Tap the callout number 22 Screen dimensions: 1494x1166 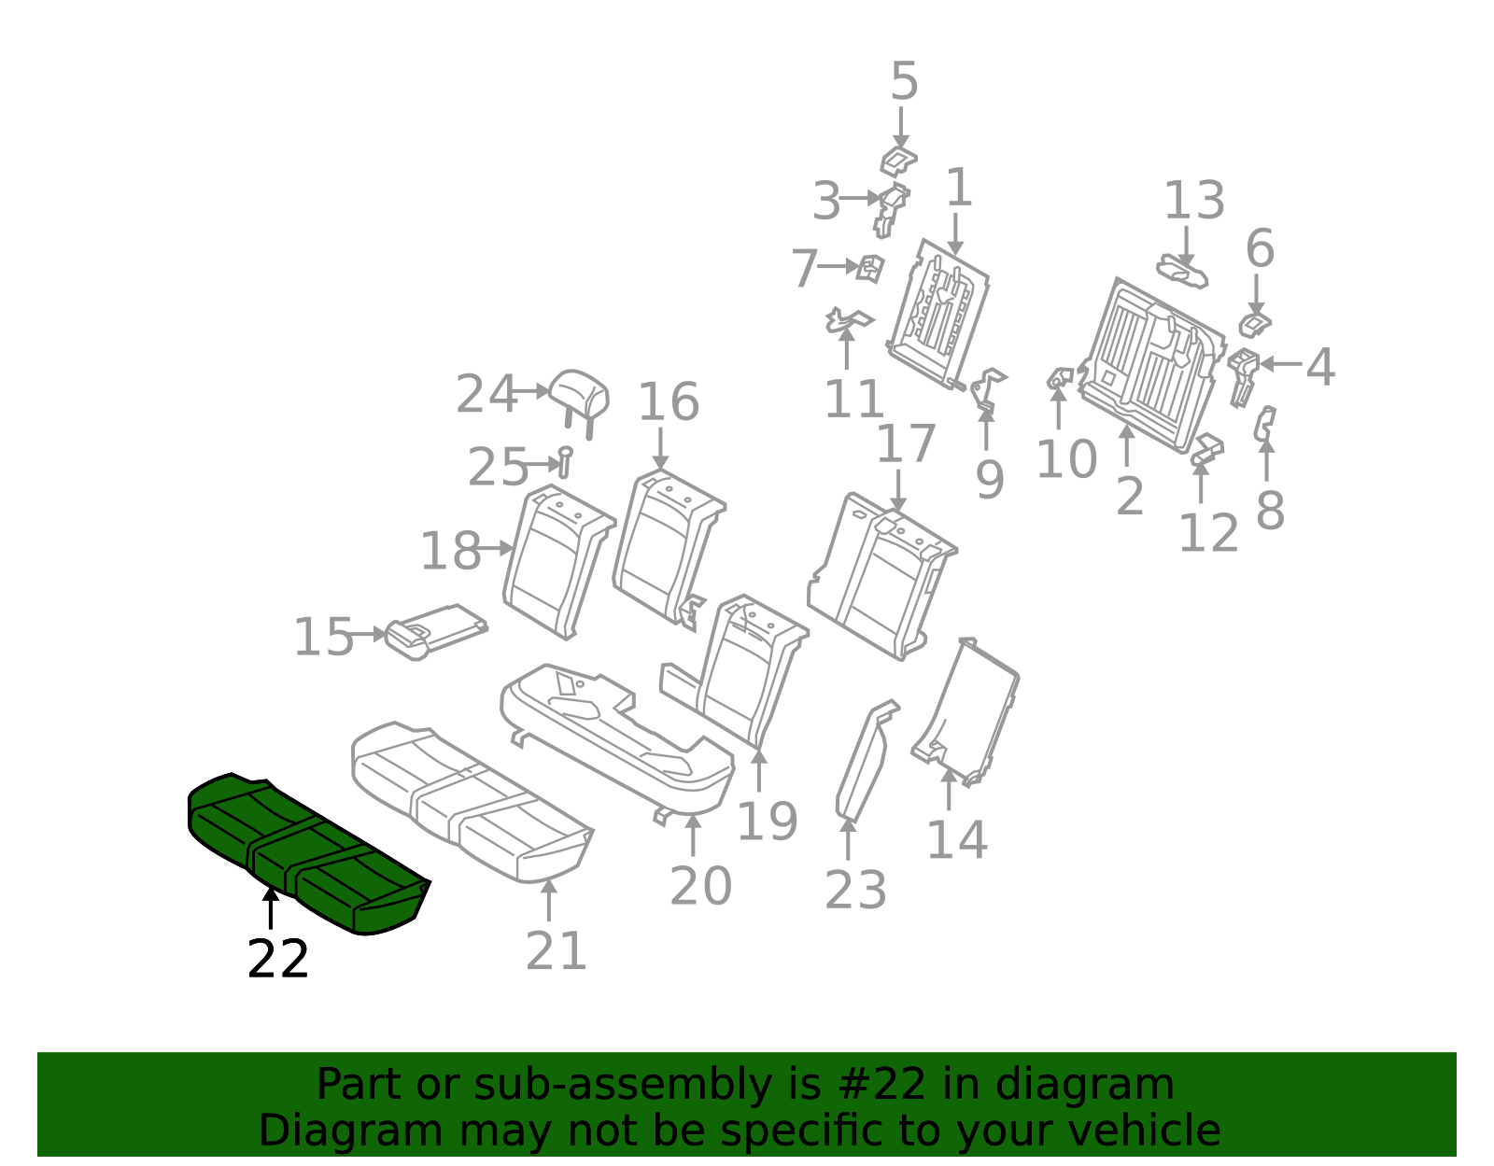click(x=277, y=959)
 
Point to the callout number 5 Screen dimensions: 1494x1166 click(x=904, y=81)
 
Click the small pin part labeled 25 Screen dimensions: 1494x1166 click(x=565, y=462)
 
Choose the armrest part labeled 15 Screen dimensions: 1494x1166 click(x=436, y=632)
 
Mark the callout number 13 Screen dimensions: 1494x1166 click(x=1194, y=201)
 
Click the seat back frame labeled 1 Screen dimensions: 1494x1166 click(x=938, y=314)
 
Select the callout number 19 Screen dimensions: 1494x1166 click(x=767, y=821)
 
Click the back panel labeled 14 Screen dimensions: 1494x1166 click(x=966, y=712)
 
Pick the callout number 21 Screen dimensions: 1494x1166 click(x=557, y=951)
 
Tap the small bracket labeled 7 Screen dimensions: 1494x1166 click(x=870, y=268)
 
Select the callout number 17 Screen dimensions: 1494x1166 click(x=906, y=443)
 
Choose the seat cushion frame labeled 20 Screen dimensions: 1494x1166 click(x=617, y=743)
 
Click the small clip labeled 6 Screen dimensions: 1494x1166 click(x=1256, y=325)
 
